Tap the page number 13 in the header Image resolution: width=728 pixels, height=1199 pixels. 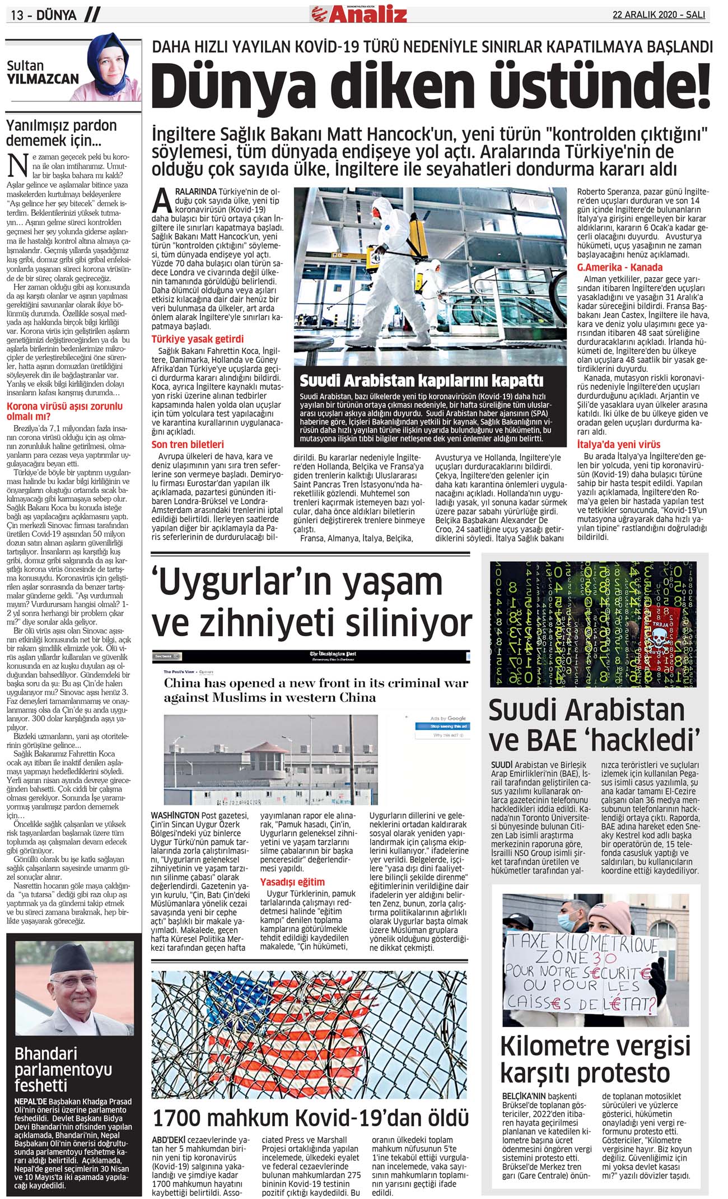[17, 15]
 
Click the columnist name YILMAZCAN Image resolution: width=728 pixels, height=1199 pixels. [43, 80]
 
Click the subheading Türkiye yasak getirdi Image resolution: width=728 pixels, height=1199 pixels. [198, 339]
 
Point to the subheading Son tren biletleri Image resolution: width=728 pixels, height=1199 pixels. [188, 444]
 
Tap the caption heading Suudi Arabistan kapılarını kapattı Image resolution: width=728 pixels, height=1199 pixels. [421, 381]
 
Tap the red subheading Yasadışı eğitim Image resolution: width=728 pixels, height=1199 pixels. [292, 882]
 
